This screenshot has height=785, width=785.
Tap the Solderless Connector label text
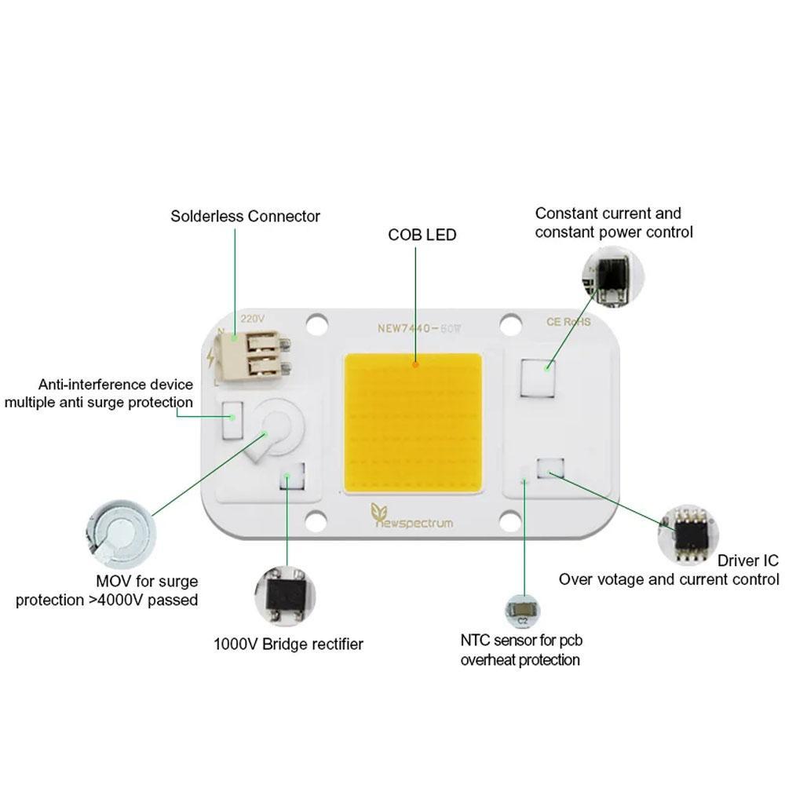(x=245, y=216)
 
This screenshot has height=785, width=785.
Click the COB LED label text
(x=422, y=235)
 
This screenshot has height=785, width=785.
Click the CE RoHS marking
(x=568, y=322)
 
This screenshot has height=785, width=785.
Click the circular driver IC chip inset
(x=688, y=535)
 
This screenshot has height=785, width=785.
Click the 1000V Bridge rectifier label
(x=288, y=644)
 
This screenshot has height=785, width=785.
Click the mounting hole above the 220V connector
(x=316, y=322)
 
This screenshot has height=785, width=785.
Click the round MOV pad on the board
(x=278, y=425)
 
